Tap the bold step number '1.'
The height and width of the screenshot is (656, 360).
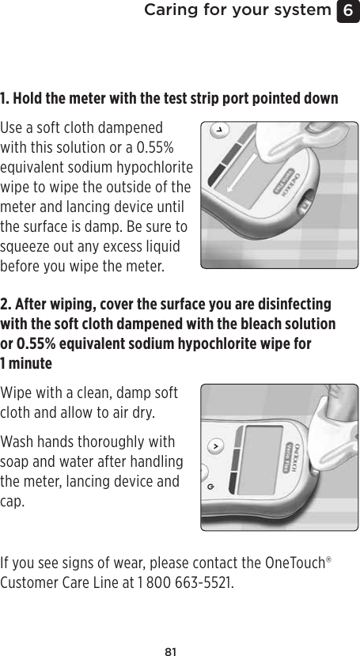pyautogui.click(x=6, y=100)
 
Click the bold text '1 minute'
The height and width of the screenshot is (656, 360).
pyautogui.click(x=26, y=363)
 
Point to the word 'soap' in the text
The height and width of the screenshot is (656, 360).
pyautogui.click(x=16, y=461)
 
